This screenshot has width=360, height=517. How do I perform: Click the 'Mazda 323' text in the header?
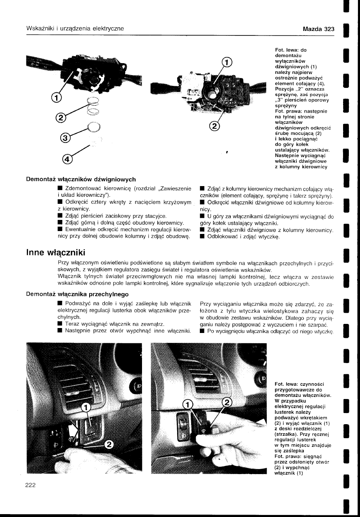pyautogui.click(x=318, y=29)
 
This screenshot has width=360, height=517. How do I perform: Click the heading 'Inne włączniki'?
pyautogui.click(x=56, y=251)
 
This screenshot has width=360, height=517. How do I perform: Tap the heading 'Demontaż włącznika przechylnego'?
pyautogui.click(x=78, y=294)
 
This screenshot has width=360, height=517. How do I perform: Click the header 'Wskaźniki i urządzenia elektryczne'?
pyautogui.click(x=76, y=29)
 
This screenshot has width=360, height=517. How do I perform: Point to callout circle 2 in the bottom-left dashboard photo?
pyautogui.click(x=109, y=444)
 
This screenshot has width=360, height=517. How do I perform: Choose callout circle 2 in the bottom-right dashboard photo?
pyautogui.click(x=227, y=402)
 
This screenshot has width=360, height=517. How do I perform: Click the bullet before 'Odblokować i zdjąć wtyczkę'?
pyautogui.click(x=202, y=237)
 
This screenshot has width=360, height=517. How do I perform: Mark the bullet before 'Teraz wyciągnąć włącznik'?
pyautogui.click(x=60, y=325)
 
